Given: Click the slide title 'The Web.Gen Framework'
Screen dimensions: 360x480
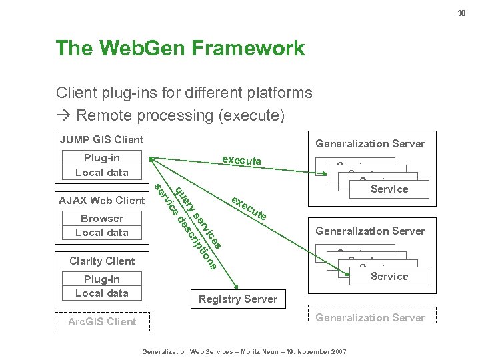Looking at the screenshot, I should click(x=180, y=49).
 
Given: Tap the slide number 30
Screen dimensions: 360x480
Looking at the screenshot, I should click(x=460, y=13).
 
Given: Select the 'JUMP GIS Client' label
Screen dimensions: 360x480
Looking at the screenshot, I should click(x=101, y=139).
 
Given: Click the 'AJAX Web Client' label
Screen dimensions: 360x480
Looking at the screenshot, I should click(x=101, y=200).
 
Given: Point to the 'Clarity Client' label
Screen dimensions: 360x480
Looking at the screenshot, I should click(x=102, y=261).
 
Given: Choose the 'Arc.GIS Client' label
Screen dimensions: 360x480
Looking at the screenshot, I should click(x=102, y=321).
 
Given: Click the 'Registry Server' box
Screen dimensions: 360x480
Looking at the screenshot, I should click(x=237, y=299).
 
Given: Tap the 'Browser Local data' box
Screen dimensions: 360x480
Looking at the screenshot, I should click(x=102, y=225).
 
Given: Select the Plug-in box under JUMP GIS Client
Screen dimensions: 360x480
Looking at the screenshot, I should click(x=102, y=165).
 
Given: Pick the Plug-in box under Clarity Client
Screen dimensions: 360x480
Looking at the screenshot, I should click(x=102, y=286).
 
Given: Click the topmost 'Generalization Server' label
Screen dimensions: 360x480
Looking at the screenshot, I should click(x=370, y=144).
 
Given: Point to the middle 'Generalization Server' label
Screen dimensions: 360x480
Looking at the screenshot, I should click(x=370, y=231).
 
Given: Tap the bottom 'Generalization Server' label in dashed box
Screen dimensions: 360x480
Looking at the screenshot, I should click(x=370, y=317).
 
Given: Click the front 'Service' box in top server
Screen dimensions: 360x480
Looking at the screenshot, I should click(x=389, y=189).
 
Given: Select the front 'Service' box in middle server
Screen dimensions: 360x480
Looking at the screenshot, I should click(x=389, y=276).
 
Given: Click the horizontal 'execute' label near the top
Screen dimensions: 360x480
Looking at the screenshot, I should click(x=241, y=161).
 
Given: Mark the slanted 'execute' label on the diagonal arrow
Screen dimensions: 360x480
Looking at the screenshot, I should click(x=249, y=208).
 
